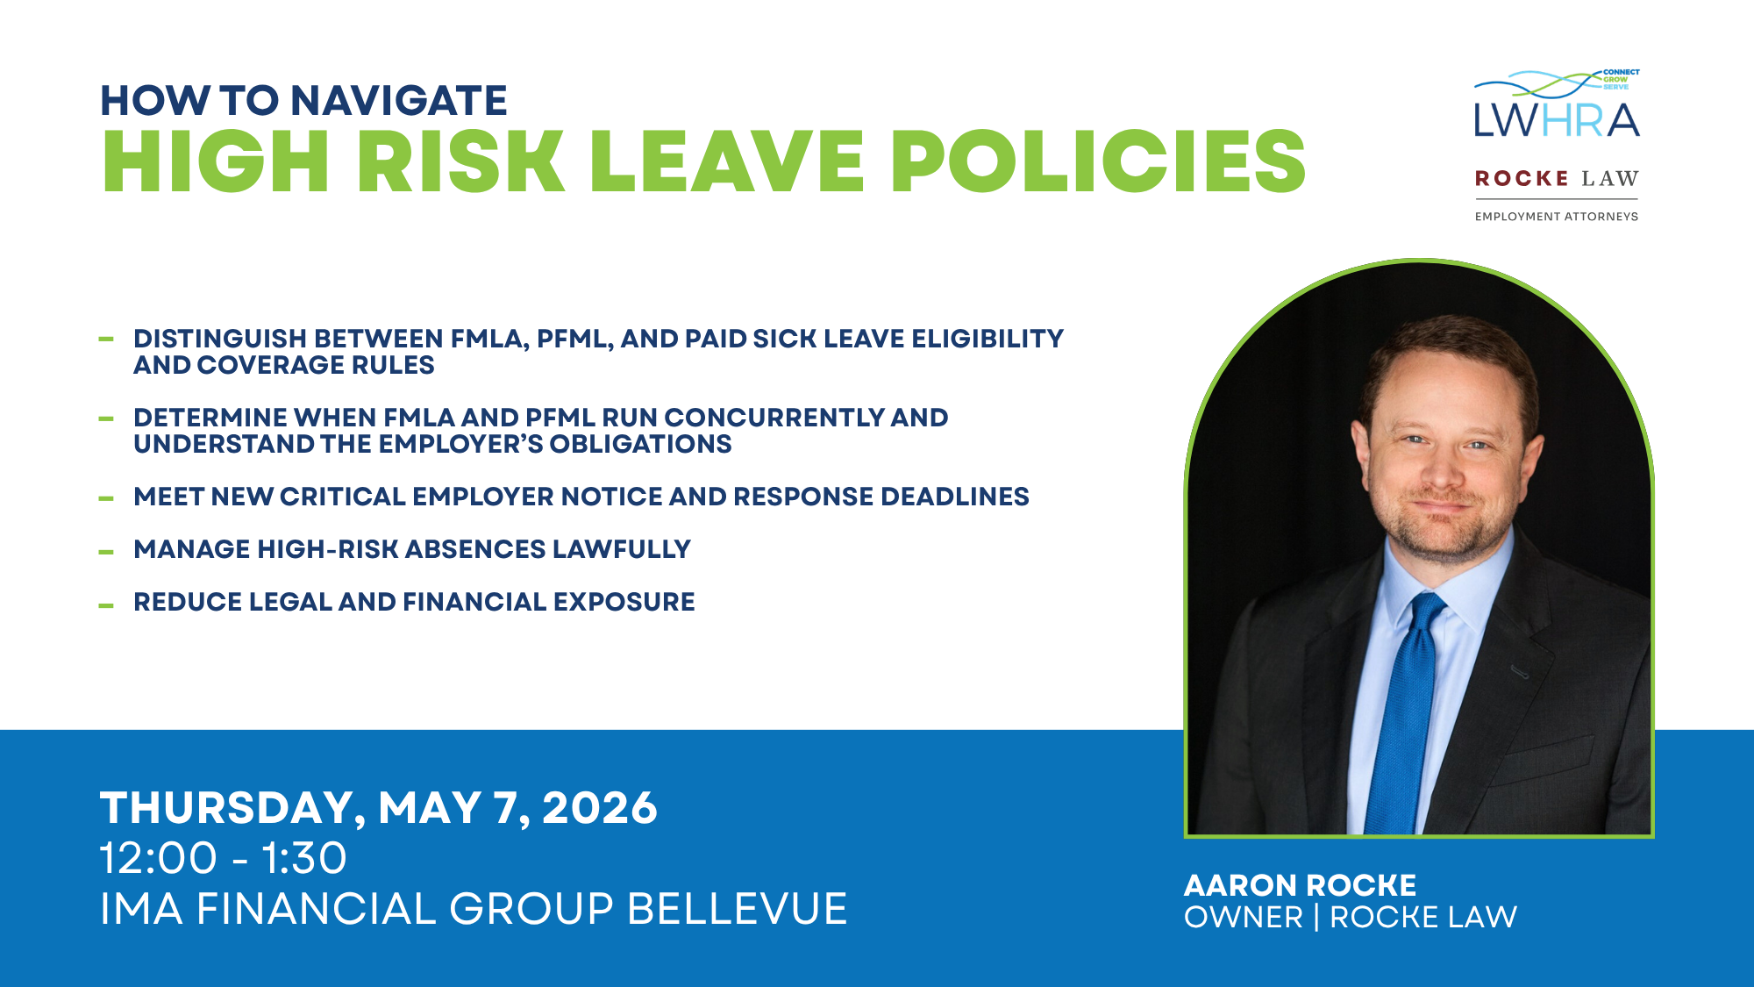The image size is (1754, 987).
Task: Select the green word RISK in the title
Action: (461, 161)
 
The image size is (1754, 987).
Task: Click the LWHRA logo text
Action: (1557, 120)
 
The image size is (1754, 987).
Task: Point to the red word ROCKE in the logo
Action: (1522, 179)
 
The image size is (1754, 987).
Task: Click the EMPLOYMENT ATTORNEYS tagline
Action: (1557, 217)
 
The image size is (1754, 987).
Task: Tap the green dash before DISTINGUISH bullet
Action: (106, 339)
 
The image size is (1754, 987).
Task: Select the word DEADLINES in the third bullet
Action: (954, 497)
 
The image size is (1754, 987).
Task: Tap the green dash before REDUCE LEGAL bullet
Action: (106, 605)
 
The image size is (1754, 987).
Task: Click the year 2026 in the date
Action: (600, 808)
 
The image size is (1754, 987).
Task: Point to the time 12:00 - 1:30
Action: (223, 858)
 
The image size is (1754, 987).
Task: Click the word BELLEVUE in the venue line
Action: (738, 909)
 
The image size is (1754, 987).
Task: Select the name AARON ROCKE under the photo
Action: (1300, 885)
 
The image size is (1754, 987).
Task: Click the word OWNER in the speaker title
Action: (1244, 918)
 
